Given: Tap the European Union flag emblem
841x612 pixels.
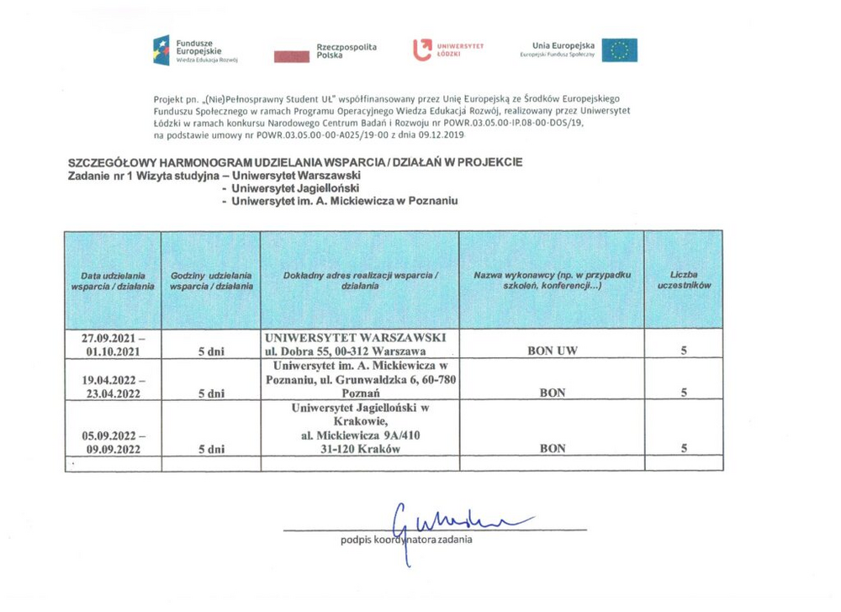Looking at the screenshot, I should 620,50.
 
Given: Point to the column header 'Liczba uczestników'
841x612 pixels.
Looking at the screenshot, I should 684,281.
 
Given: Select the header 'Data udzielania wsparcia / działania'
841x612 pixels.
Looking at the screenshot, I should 113,281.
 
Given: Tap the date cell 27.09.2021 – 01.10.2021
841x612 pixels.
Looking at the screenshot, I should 113,345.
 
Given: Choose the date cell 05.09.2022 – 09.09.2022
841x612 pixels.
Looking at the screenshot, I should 113,443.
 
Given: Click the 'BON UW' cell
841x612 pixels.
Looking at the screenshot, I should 551,351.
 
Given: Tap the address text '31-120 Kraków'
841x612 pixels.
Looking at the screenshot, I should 359,449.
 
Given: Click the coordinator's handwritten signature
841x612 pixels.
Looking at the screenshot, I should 454,515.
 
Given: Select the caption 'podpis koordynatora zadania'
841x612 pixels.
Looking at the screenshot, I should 406,539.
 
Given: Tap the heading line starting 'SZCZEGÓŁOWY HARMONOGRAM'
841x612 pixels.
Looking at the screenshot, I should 294,161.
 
